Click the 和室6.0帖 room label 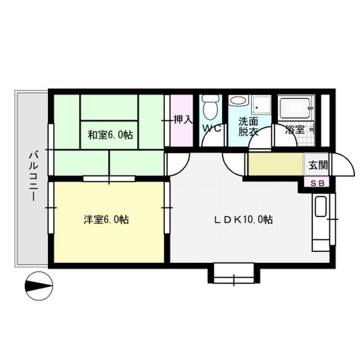pos(110,135)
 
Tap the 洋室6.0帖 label pos(107,220)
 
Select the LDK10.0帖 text pos(244,220)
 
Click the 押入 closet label pos(182,119)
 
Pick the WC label pos(211,128)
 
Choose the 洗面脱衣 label pos(248,127)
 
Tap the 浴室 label pos(295,129)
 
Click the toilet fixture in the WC pos(211,107)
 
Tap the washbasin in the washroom pos(238,101)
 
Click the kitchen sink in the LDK pos(320,208)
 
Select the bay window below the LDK pos(236,275)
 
